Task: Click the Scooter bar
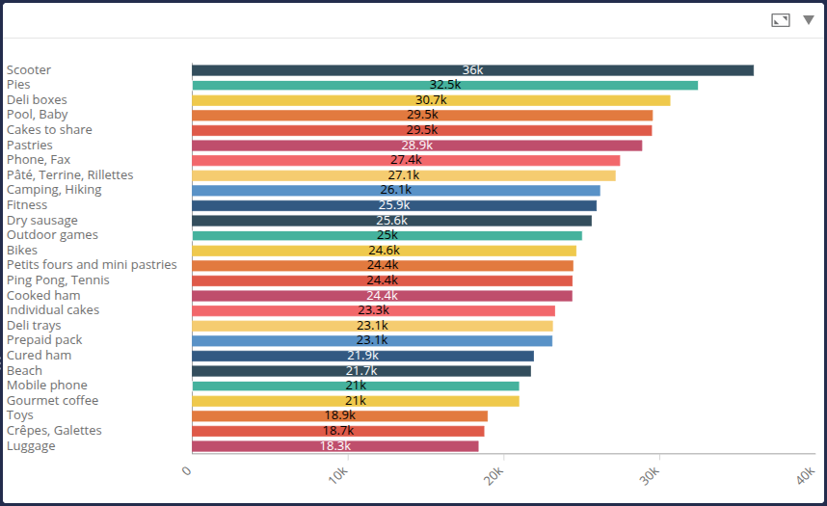[472, 70]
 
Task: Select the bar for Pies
[444, 85]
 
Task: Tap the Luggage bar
[335, 446]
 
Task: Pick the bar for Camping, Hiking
[396, 190]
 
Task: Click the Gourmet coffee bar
[356, 401]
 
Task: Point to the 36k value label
[472, 70]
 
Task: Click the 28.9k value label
[417, 146]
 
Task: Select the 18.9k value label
[339, 416]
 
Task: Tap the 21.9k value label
[362, 356]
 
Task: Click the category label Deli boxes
[37, 100]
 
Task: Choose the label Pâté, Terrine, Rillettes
[69, 175]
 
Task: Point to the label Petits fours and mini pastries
[92, 265]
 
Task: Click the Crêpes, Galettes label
[54, 431]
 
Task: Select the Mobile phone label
[46, 386]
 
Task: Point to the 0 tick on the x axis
[188, 470]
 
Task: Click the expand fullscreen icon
[781, 19]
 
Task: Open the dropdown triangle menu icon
[808, 19]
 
